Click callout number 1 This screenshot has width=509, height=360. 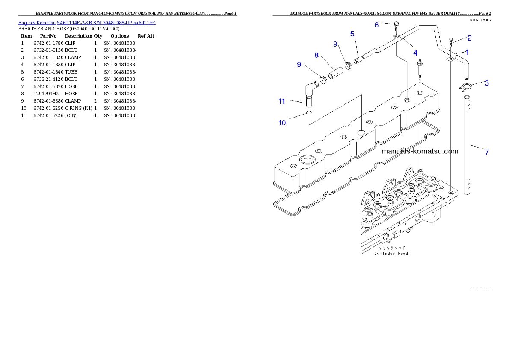point(467,52)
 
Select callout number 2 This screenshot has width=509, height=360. point(469,38)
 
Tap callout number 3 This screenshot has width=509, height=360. point(487,83)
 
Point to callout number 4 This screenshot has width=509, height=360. point(415,53)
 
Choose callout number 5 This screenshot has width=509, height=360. point(352,34)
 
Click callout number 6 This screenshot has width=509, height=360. point(377,25)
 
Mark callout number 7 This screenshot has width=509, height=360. point(487,151)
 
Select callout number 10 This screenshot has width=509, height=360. point(282,123)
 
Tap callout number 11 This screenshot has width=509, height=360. point(282,101)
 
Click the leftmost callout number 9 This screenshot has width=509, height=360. point(299,65)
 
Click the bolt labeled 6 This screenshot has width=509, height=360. point(397,24)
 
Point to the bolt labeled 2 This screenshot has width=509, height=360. point(451,43)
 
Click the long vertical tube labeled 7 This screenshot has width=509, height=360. point(470,145)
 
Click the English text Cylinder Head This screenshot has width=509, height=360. point(391,254)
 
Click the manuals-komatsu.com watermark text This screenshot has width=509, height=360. point(420,151)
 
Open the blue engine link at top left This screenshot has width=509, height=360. point(87,22)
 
